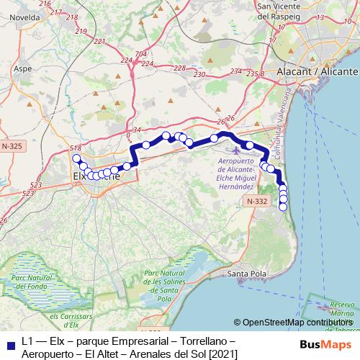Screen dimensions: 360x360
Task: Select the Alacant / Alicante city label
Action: click(321, 73)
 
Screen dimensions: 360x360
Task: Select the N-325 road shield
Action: click(12, 146)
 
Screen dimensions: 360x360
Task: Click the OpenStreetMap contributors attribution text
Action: click(296, 323)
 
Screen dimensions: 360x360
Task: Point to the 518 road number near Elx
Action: click(74, 148)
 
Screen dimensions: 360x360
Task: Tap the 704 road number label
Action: click(140, 54)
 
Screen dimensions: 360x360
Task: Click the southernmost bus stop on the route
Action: click(283, 207)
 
